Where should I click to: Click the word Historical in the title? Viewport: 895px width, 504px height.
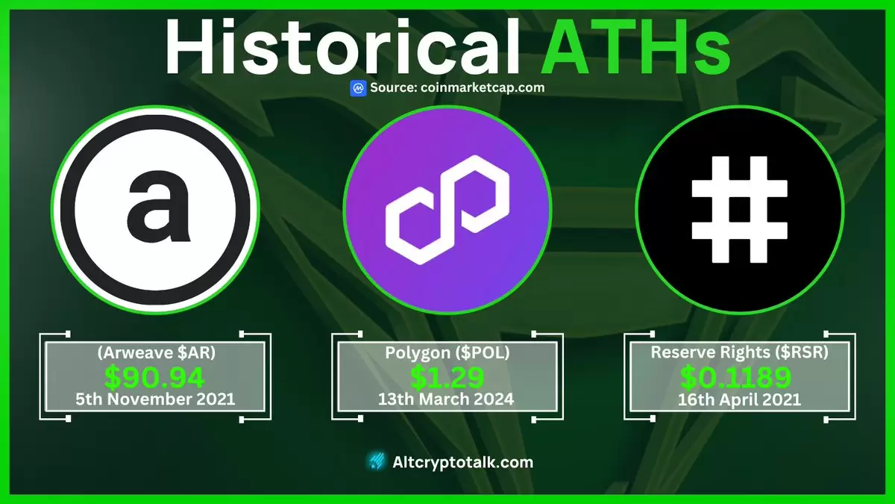coord(343,47)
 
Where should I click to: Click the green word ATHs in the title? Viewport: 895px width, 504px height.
coord(635,47)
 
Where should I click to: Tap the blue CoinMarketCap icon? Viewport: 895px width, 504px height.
coord(358,88)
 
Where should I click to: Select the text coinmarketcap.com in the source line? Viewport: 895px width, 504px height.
coord(483,87)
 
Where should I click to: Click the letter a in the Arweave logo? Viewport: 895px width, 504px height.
coord(157,206)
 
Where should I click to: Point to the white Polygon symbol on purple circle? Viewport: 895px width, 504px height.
coord(447,210)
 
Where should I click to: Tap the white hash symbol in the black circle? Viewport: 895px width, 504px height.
coord(740,210)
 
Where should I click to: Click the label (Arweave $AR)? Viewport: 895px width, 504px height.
coord(156,352)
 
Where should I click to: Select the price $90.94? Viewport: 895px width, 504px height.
coord(154,377)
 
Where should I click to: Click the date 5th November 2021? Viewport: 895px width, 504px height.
coord(155,399)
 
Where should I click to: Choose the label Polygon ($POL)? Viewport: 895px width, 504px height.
coord(447,352)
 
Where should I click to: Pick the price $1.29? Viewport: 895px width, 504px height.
coord(447,377)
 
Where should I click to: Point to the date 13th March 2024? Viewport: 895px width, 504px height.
coord(446,399)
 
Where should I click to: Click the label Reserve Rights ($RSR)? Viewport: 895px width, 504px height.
coord(740,352)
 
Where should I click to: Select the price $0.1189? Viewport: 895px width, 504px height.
coord(735,377)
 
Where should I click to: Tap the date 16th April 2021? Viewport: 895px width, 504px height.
coord(740,399)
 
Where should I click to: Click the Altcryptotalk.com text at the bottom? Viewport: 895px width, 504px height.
coord(462,462)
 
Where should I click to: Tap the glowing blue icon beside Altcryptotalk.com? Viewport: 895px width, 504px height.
coord(377,461)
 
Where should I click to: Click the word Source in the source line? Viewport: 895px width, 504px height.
coord(394,87)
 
